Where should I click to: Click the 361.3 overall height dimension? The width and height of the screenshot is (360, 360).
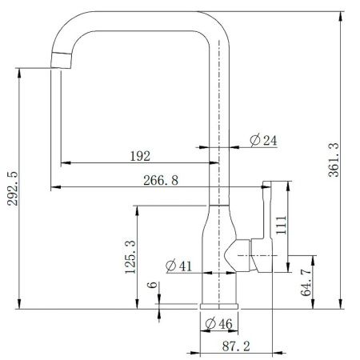click(x=334, y=160)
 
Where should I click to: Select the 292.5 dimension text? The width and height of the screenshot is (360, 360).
click(x=12, y=189)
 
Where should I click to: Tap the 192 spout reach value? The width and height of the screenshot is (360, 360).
click(x=140, y=156)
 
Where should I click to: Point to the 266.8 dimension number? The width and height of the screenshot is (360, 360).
click(x=161, y=180)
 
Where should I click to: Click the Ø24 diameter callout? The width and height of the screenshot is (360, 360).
click(x=263, y=140)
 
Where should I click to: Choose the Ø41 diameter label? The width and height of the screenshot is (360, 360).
click(x=178, y=266)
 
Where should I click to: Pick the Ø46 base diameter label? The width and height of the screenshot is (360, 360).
click(x=219, y=324)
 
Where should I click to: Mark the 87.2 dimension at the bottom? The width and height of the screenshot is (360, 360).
click(x=236, y=346)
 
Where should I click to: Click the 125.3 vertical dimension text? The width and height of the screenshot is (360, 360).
click(x=130, y=257)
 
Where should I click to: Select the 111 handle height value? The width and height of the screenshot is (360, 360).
click(x=281, y=225)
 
